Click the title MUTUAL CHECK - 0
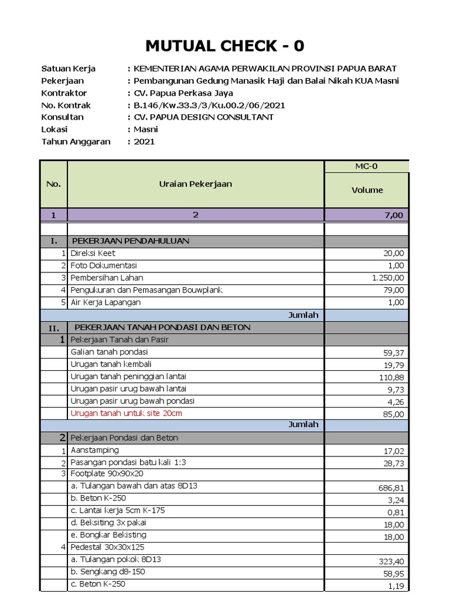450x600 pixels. click(x=225, y=46)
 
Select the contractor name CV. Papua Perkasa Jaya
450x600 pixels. click(x=180, y=93)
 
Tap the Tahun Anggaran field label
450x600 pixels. click(x=76, y=142)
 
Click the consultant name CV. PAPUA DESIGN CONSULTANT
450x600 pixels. click(x=204, y=117)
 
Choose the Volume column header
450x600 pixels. click(x=367, y=190)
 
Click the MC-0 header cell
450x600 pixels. click(x=367, y=166)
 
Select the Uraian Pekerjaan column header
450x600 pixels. click(x=196, y=184)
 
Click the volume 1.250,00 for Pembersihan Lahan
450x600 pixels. click(x=387, y=278)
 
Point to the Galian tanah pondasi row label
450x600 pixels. click(x=109, y=352)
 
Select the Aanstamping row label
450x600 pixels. click(x=94, y=450)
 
